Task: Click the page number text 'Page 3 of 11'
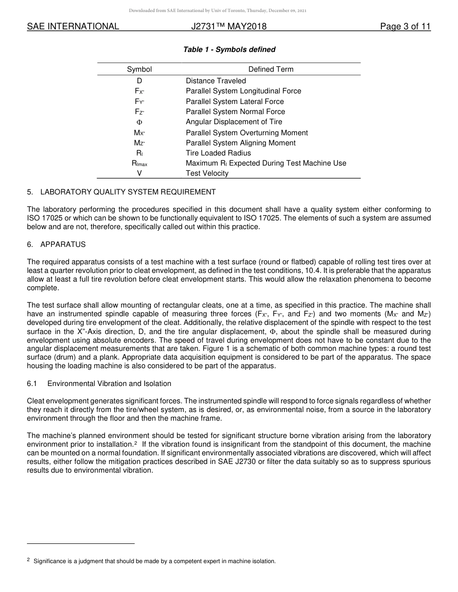click(405, 26)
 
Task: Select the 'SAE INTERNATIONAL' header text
click(73, 26)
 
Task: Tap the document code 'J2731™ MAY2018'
click(229, 26)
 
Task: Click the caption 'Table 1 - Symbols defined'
click(229, 50)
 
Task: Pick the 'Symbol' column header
click(139, 69)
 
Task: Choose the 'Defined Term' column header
click(270, 69)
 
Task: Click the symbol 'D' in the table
click(139, 81)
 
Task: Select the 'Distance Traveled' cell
click(216, 81)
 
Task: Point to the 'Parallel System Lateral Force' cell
click(235, 102)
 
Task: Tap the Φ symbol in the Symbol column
click(139, 122)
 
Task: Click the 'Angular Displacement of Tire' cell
click(234, 122)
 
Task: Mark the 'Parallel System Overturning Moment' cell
click(247, 133)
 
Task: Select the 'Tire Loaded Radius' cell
click(218, 153)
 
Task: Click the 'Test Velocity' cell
click(207, 173)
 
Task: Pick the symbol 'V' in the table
click(139, 173)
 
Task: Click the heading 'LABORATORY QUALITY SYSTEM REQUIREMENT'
click(128, 192)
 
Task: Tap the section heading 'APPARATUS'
click(63, 245)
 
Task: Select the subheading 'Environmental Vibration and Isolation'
click(109, 384)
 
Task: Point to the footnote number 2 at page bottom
click(28, 560)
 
